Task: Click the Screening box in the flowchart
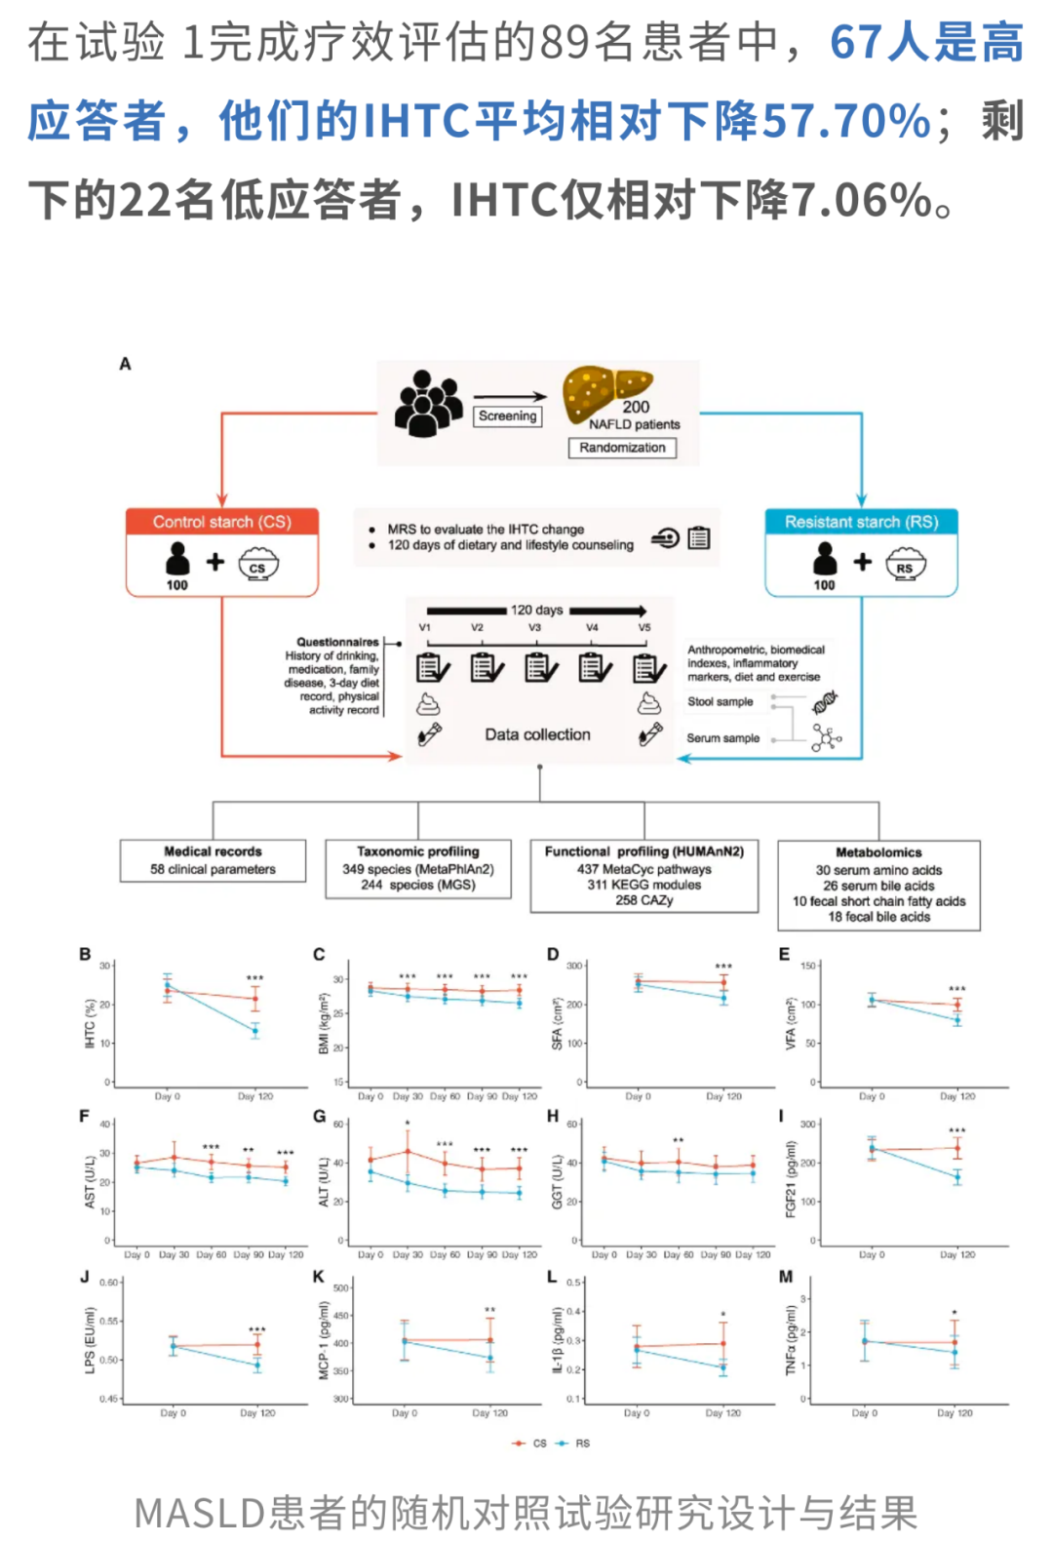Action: click(x=507, y=415)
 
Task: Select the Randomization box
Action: click(x=622, y=448)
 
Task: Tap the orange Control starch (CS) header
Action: click(x=222, y=522)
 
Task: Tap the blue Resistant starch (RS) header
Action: click(x=862, y=522)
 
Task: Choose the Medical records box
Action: click(x=213, y=860)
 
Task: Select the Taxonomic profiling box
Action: click(x=418, y=868)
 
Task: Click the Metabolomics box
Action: click(x=878, y=885)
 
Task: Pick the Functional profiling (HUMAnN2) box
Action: click(x=644, y=876)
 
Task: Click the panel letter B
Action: click(x=85, y=955)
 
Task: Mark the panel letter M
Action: click(x=786, y=1277)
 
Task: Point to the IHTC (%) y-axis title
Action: click(x=90, y=1023)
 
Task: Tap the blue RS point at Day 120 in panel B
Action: click(x=255, y=1030)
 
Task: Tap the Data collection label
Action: click(x=537, y=734)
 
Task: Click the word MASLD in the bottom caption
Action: click(x=200, y=1513)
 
